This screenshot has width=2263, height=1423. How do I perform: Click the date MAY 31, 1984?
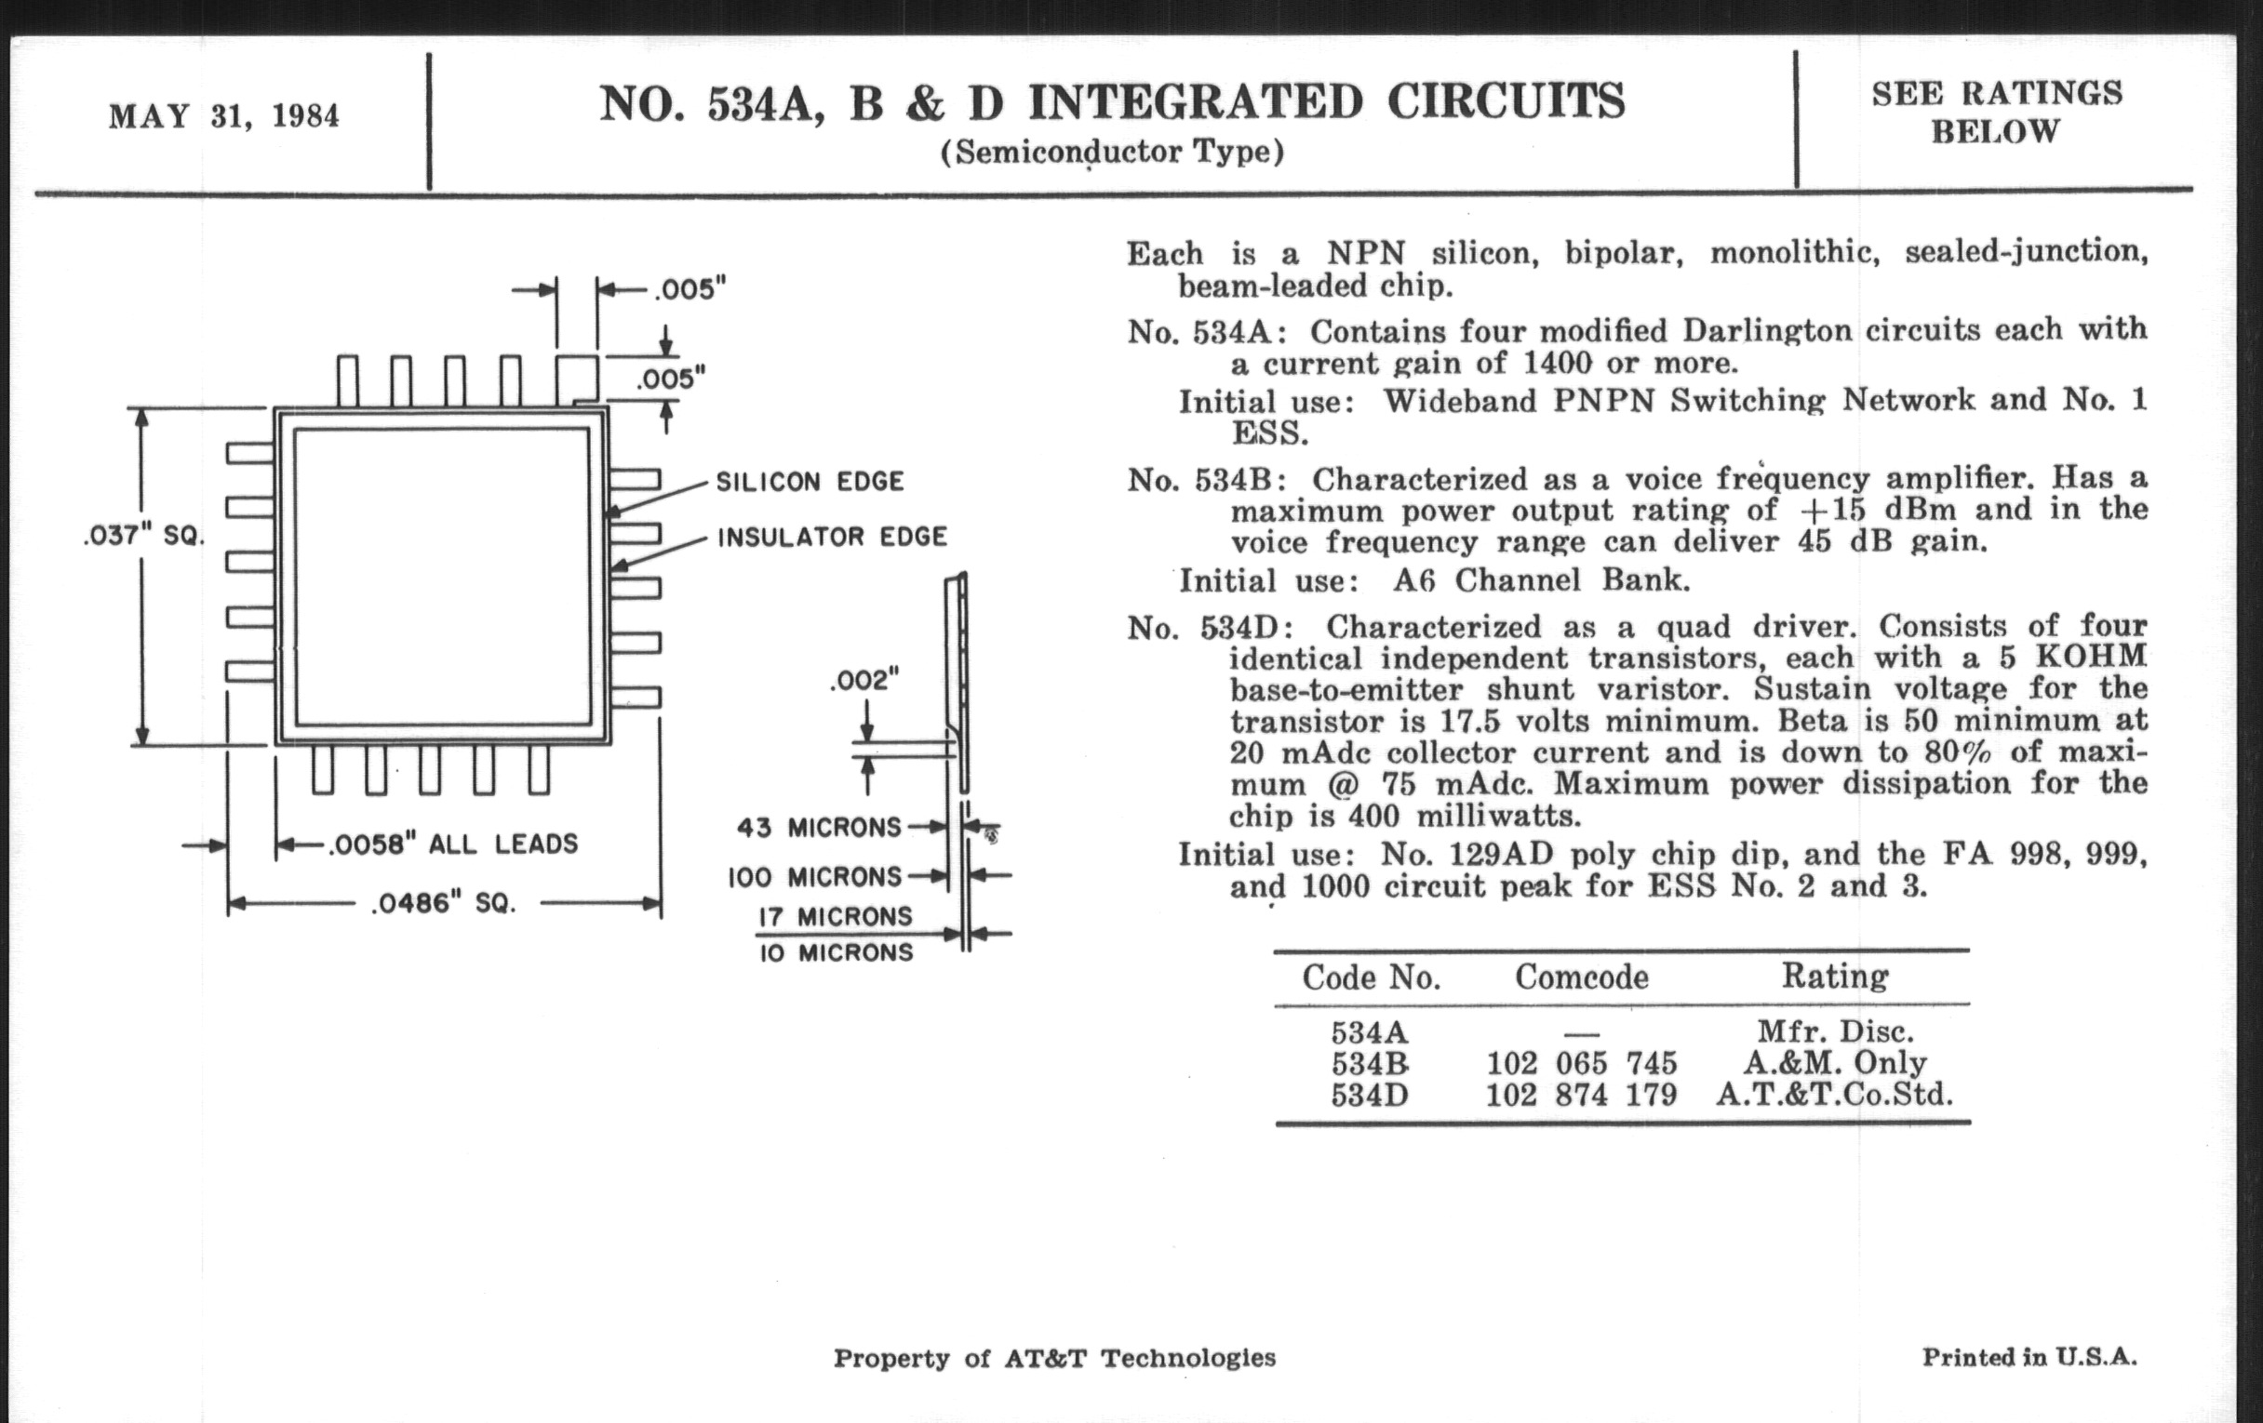pos(223,116)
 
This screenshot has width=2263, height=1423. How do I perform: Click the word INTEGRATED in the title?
pos(1195,103)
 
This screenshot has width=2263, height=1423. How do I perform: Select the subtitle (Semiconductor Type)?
pos(1112,153)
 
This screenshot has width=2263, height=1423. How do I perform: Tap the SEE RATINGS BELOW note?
pos(1996,113)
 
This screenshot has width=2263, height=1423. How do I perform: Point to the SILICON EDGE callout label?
pos(810,482)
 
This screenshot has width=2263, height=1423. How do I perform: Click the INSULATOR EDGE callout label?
pos(832,538)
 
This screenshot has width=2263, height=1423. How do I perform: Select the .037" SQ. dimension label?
pos(143,537)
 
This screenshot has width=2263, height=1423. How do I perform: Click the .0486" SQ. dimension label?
pos(444,904)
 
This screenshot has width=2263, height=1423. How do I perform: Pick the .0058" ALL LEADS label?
pos(453,844)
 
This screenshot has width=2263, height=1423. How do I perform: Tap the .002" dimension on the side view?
pos(864,679)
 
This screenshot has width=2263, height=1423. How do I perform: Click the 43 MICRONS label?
pos(819,828)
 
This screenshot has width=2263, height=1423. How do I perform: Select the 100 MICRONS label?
pos(814,877)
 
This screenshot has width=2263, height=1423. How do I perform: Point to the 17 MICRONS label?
pos(835,916)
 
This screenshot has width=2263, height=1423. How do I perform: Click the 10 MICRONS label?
pos(836,952)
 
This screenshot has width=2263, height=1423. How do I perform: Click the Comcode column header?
pos(1581,977)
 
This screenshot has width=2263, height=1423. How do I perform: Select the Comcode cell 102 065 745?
pos(1581,1063)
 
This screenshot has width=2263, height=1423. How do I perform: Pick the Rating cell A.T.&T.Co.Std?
pos(1833,1096)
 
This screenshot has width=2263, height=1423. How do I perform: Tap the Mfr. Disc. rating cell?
pos(1834,1032)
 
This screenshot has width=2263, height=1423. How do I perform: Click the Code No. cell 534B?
pos(1370,1064)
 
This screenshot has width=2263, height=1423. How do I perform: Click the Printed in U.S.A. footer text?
pos(2029,1357)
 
